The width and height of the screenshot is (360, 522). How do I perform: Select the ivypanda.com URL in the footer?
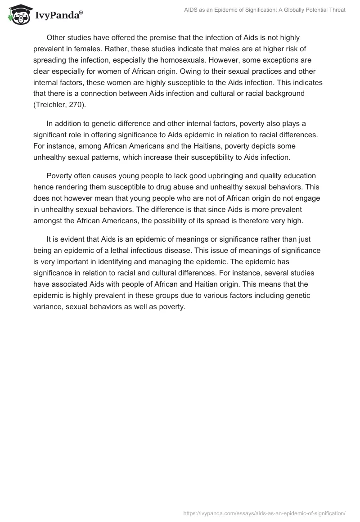(x=264, y=513)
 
